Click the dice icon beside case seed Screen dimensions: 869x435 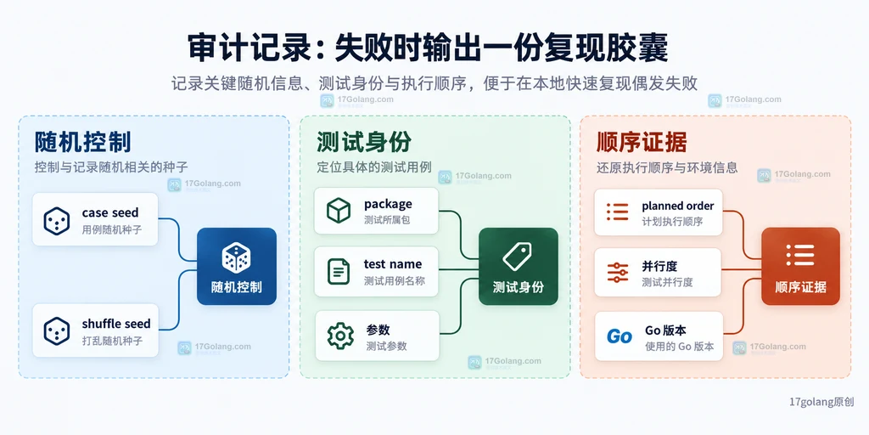57,221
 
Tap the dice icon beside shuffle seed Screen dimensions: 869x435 57,331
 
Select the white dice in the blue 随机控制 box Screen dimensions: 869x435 236,257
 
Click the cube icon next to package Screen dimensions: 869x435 338,211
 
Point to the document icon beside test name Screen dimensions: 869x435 338,272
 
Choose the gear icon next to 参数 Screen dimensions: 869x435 340,336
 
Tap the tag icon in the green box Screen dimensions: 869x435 517,257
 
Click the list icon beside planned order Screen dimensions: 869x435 618,212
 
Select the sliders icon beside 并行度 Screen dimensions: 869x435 618,273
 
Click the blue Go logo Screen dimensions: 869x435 619,336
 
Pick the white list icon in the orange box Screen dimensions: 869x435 799,254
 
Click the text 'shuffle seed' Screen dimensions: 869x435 115,324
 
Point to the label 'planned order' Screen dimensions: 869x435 678,206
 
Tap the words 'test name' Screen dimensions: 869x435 392,264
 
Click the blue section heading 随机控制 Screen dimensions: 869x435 82,143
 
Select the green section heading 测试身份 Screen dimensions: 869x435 364,143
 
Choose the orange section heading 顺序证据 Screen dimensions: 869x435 642,143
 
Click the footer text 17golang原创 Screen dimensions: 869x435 821,402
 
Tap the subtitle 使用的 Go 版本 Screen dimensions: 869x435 680,347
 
